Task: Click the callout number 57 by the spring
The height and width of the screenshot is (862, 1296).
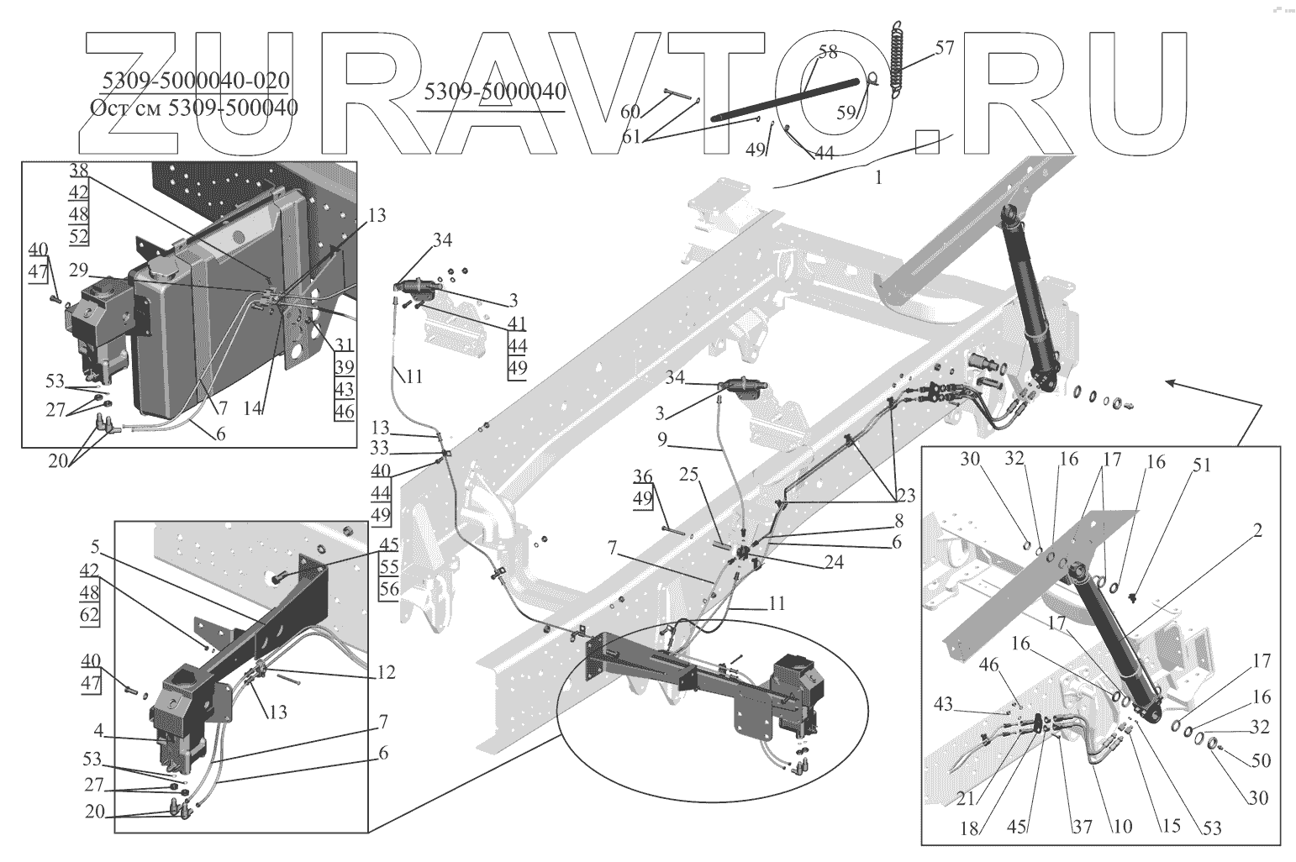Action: (944, 47)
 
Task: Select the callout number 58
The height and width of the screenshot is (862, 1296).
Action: (828, 52)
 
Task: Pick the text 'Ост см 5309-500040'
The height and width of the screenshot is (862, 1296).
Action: (193, 108)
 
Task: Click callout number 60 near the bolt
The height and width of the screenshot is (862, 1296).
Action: (630, 112)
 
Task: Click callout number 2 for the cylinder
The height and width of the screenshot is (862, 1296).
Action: (1257, 530)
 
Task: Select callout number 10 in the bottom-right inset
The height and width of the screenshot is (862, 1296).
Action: (1123, 827)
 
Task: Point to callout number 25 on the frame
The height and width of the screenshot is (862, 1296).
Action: (689, 475)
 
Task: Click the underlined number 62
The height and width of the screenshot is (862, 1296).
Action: (91, 614)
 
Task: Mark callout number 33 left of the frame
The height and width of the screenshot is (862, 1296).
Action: (379, 449)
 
